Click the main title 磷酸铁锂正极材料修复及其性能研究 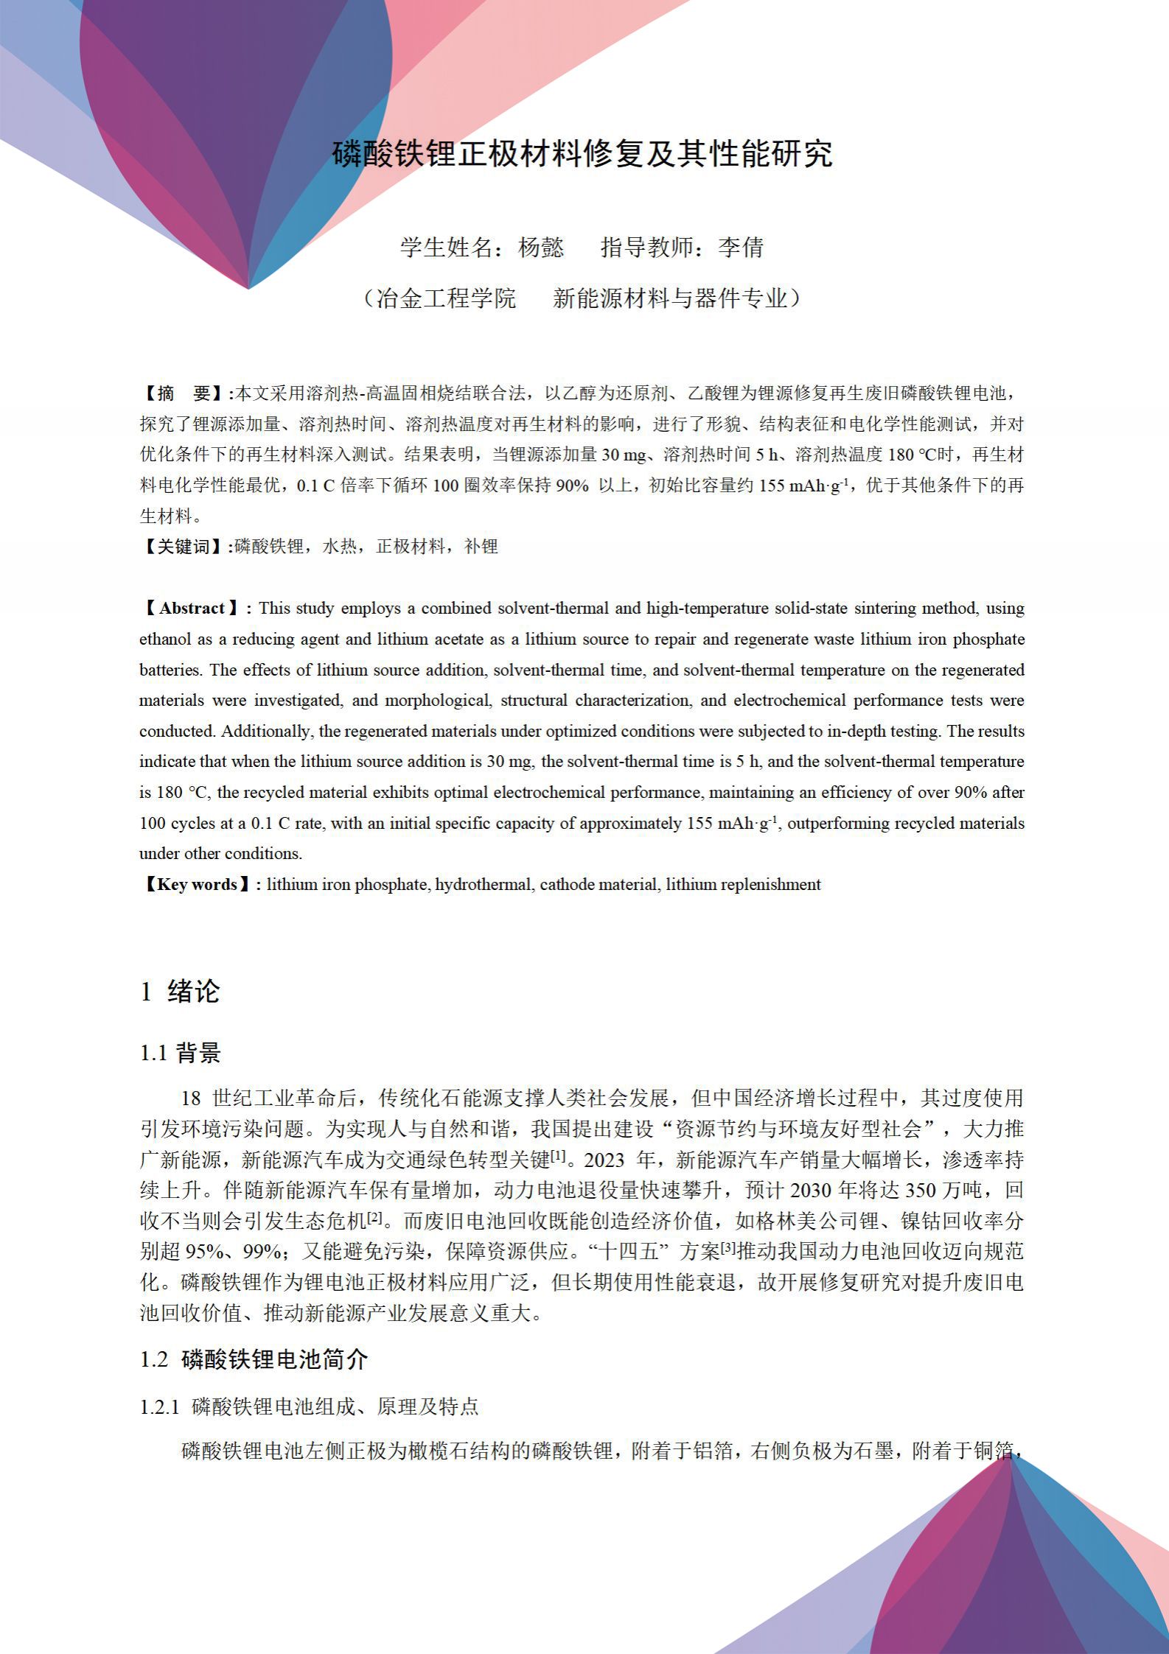(582, 153)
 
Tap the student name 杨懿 (541, 248)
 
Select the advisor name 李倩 (741, 248)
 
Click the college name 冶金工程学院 (447, 298)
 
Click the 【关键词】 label (184, 547)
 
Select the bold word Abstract (192, 609)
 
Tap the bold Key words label (197, 885)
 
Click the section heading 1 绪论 (180, 992)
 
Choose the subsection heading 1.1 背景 (180, 1054)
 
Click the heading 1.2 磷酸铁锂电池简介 (254, 1359)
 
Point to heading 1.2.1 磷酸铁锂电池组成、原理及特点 (309, 1407)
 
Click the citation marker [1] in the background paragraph (558, 1157)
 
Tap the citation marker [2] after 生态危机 (375, 1219)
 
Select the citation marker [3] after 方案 (728, 1249)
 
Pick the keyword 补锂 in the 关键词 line (481, 547)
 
